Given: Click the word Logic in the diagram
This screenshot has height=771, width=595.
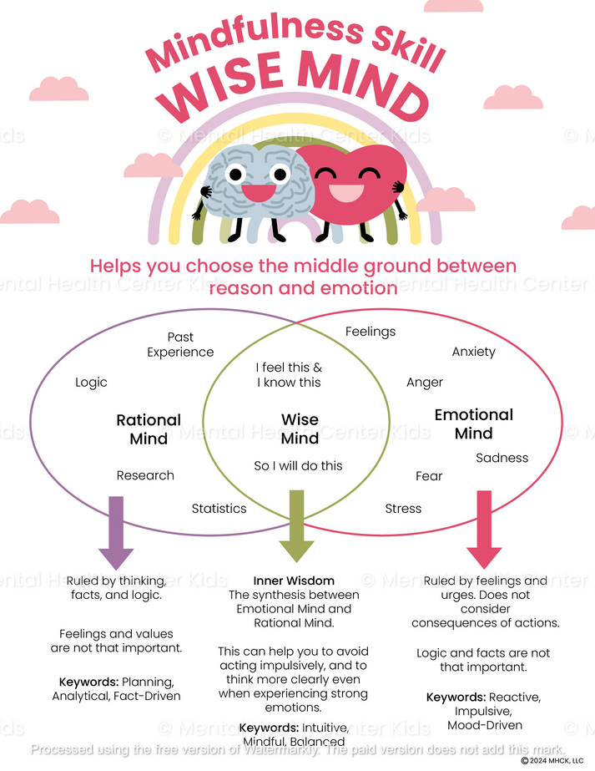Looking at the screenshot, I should tap(91, 383).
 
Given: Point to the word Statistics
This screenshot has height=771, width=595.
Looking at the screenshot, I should tap(219, 508).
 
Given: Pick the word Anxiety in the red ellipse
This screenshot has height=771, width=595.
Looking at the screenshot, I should tap(473, 352).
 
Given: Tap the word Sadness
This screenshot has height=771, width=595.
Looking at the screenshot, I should tap(502, 458).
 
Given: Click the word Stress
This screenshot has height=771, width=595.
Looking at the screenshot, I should tap(403, 509).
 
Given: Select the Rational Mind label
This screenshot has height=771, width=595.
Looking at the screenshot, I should tap(149, 429).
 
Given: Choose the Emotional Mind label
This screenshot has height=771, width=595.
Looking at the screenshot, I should tap(473, 424).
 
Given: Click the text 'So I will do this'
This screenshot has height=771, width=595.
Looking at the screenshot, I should tap(298, 466).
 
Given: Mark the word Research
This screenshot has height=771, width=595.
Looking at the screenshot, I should tap(145, 475).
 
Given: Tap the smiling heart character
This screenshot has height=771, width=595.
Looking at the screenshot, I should tap(352, 189).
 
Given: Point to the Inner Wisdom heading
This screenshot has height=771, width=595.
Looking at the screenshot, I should tap(294, 581).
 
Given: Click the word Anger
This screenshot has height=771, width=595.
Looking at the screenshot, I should tap(425, 383).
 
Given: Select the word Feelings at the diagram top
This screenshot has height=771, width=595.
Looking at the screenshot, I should tap(371, 332).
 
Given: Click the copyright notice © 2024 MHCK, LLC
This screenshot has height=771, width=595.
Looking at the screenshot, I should tap(552, 761).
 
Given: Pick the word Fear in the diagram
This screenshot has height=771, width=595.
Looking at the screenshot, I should tap(429, 476).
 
